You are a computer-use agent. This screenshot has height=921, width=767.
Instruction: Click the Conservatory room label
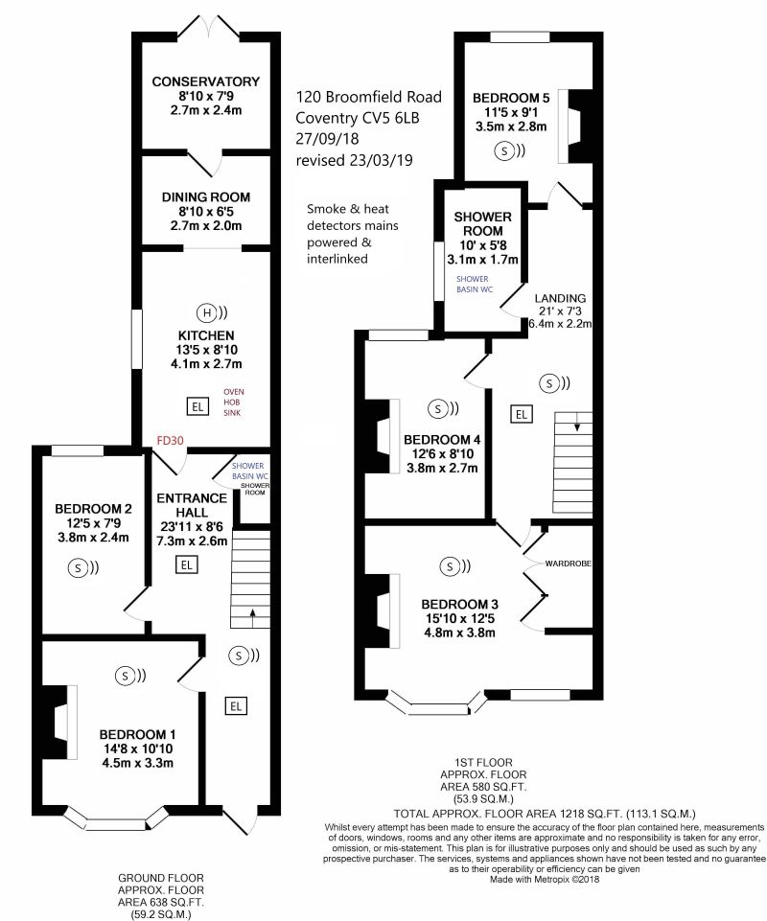(206, 81)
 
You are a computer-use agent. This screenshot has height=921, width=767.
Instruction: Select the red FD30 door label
(170, 441)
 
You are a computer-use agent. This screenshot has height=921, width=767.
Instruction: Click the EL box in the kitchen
(198, 406)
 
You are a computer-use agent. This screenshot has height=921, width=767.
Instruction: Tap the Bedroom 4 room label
(442, 440)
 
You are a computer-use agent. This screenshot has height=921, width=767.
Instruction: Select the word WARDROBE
(568, 564)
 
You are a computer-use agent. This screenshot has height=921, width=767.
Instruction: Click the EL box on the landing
(521, 415)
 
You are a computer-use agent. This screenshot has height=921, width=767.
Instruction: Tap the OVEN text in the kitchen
(233, 392)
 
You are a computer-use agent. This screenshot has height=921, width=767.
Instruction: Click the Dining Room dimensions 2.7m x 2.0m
(206, 225)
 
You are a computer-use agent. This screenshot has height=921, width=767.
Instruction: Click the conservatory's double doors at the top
(209, 28)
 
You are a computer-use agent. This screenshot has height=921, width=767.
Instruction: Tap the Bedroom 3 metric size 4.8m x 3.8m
(459, 633)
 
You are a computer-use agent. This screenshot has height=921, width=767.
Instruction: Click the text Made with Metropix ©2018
(545, 879)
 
